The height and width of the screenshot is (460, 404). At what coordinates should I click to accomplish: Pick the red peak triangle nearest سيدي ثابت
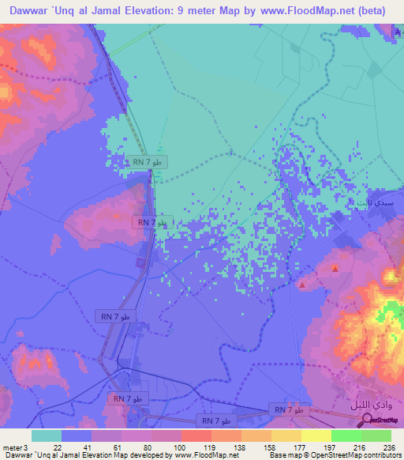(x=336, y=270)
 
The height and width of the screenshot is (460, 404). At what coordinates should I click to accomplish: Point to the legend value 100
(x=167, y=447)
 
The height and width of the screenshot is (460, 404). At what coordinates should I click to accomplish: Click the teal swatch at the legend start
(x=47, y=435)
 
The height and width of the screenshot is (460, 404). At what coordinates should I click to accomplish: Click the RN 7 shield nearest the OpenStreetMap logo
(x=289, y=409)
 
